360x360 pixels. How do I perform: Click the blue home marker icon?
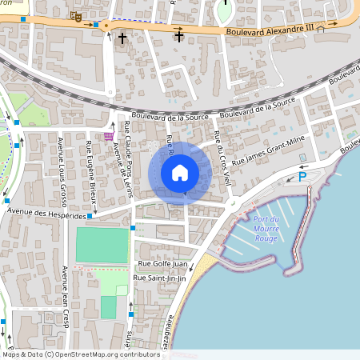180,172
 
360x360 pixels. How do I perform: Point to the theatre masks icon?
76,15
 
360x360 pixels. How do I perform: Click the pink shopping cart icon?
108,136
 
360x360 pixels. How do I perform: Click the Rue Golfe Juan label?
162,263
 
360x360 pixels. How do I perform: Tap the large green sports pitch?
102,246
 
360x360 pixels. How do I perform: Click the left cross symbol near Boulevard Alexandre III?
122,38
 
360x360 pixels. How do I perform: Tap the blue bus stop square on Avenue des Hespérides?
90,216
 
